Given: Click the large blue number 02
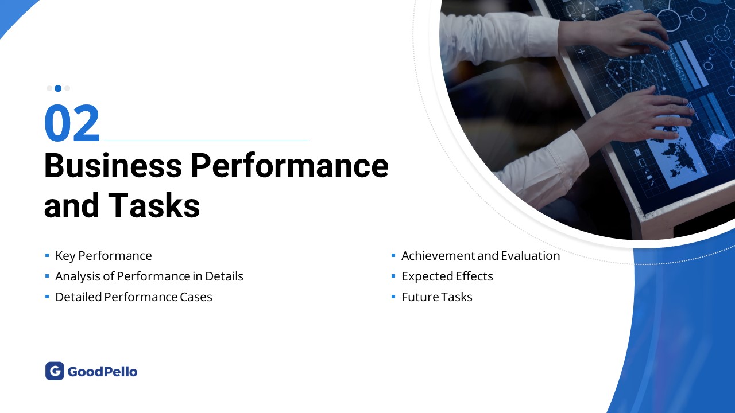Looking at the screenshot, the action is click(72, 123).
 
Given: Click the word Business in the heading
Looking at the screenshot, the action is click(113, 166).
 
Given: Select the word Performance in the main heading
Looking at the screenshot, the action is click(290, 166).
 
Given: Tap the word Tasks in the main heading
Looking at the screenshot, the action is click(154, 205).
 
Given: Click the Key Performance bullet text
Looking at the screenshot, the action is click(103, 256).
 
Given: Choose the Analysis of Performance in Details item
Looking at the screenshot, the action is click(149, 276).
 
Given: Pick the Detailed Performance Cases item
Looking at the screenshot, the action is click(134, 297).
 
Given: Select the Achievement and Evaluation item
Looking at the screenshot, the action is click(481, 256).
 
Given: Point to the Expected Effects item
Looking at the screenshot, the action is click(447, 276).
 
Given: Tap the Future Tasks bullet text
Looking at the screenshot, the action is click(437, 297).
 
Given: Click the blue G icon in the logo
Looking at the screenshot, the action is click(55, 371).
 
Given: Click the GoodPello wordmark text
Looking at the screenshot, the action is click(102, 372).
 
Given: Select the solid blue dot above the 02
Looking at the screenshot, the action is click(58, 88).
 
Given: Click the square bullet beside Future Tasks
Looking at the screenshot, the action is click(393, 297).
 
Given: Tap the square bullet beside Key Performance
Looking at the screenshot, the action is click(47, 255).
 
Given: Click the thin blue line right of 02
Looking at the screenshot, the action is click(206, 141).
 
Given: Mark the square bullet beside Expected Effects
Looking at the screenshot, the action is click(393, 276).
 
